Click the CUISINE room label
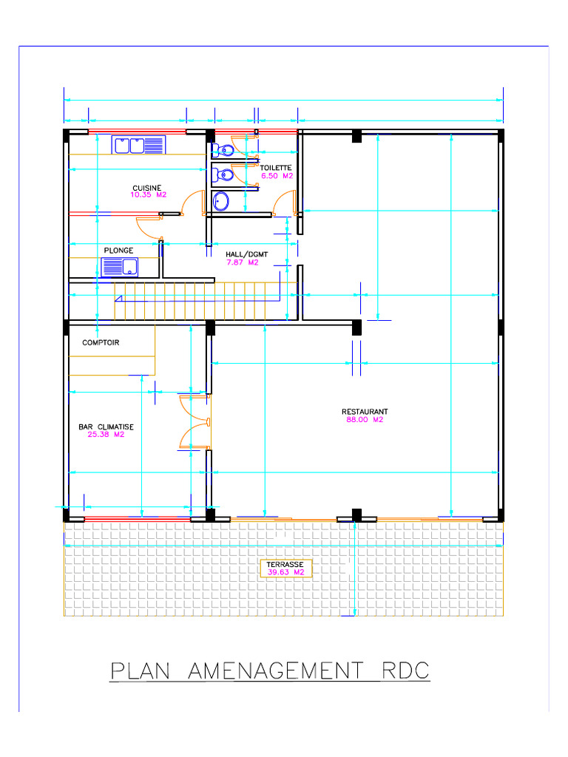coord(146,188)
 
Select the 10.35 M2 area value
coord(148,195)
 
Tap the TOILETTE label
coord(276,169)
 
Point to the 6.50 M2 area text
coord(277,177)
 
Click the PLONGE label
coord(118,251)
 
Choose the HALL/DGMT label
coord(246,254)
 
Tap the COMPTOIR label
coord(101,343)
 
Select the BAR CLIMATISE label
coord(106,427)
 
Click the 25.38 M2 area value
coord(106,435)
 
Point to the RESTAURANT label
coord(365,412)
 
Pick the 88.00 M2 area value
coord(365,420)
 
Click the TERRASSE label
coord(285,564)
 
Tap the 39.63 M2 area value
coord(285,572)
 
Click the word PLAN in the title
coord(140,671)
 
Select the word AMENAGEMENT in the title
coord(277,671)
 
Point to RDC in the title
coord(405,671)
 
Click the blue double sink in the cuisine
coord(138,145)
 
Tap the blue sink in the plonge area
coord(119,266)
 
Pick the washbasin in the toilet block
coord(221,200)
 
